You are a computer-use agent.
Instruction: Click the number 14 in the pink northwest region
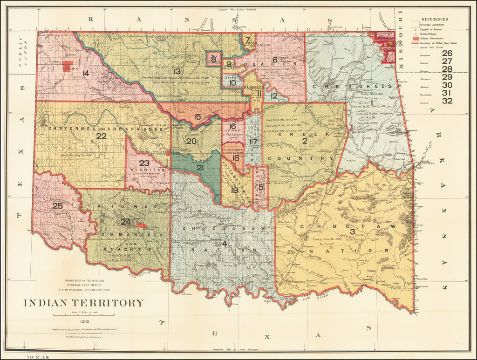(x=85, y=73)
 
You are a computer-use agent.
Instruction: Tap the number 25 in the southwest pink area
(x=57, y=205)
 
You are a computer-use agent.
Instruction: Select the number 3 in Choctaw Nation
(x=353, y=231)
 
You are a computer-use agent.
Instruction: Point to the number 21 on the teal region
(x=200, y=168)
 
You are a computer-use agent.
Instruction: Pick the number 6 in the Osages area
(x=275, y=60)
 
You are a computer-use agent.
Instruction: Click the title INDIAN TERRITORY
(x=84, y=303)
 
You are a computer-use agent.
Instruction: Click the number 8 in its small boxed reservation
(x=213, y=59)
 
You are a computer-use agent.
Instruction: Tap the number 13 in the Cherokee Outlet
(x=177, y=71)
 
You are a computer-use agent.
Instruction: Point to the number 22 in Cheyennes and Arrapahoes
(x=101, y=136)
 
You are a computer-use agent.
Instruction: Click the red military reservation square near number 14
(x=68, y=66)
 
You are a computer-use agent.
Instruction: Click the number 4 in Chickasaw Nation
(x=225, y=243)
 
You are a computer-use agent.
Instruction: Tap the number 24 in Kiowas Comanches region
(x=125, y=222)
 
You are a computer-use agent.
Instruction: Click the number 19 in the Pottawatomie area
(x=234, y=190)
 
